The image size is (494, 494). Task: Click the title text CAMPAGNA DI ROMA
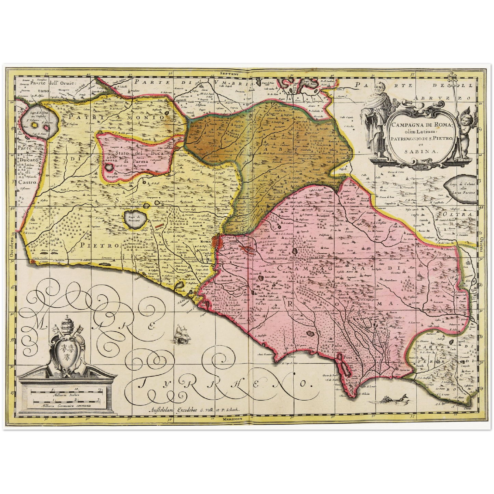[x=421, y=125]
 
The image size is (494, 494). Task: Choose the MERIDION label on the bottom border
[x=232, y=419]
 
